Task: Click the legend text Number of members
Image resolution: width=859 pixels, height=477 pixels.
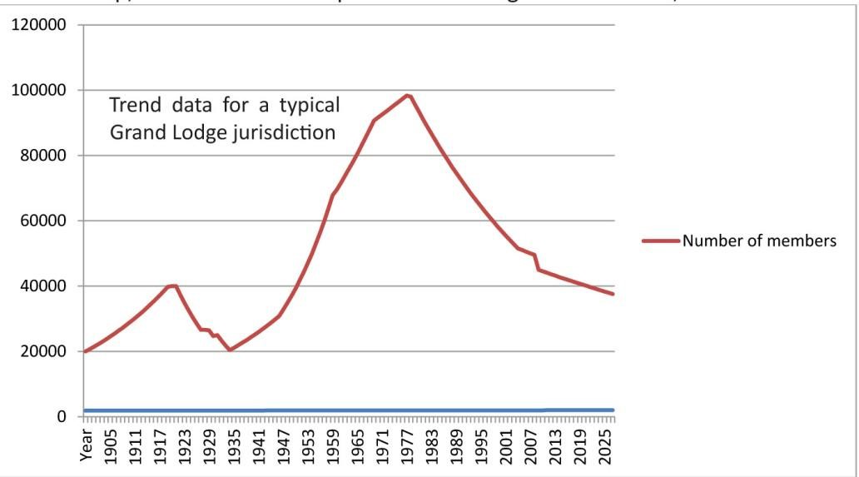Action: point(758,241)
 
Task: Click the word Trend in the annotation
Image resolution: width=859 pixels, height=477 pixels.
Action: point(137,106)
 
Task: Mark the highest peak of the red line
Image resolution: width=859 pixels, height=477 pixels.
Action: point(408,95)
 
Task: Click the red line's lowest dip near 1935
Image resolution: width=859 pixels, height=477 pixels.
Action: point(230,350)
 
